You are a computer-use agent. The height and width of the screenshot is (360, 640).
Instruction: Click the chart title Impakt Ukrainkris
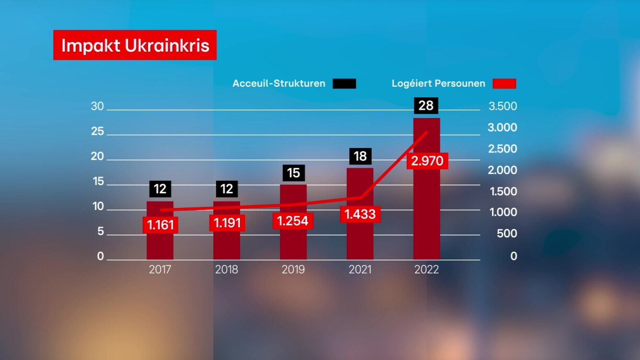point(135,45)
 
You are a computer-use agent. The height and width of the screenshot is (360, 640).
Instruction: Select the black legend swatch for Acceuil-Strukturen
point(344,84)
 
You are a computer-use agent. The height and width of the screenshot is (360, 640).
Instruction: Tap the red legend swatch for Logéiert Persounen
point(504,84)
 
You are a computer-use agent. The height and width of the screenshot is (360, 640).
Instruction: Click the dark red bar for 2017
point(160,246)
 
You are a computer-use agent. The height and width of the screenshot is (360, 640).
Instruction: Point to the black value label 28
point(426,106)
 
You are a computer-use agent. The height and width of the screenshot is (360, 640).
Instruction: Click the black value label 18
point(360,156)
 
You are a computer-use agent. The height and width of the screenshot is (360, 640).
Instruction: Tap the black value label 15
point(293,173)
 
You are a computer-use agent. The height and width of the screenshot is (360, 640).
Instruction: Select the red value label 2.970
point(427,161)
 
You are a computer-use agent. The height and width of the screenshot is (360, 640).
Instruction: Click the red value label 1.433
point(360,214)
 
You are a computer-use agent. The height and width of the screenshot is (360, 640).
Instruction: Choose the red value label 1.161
point(161,225)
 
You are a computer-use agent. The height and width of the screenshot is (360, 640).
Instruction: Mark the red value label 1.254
point(293,220)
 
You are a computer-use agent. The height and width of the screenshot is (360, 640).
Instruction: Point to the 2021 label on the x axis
point(360,270)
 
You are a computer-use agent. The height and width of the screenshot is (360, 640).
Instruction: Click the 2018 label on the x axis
point(226,270)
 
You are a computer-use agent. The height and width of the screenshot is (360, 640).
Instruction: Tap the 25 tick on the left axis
point(98,132)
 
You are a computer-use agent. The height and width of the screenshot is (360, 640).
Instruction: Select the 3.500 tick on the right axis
point(502,107)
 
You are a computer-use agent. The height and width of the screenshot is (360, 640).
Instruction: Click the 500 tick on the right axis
point(507,234)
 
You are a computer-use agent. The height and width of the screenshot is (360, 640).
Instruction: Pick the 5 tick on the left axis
point(100,231)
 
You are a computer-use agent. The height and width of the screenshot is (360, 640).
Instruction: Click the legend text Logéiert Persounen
point(438,84)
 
